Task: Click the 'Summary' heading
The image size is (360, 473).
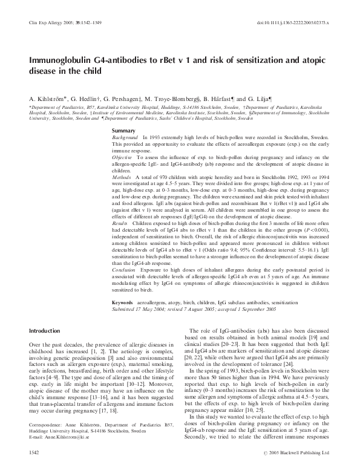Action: pyautogui.click(x=124, y=131)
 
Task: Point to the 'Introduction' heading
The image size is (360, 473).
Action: pyautogui.click(x=45, y=331)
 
